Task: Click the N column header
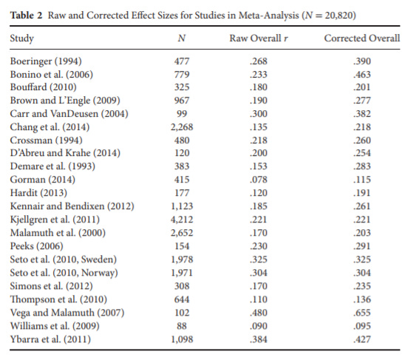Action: [x=182, y=38]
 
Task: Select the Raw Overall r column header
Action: [x=259, y=38]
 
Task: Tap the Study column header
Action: [x=22, y=38]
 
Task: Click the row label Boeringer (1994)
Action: [x=46, y=61]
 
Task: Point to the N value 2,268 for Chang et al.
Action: [x=182, y=127]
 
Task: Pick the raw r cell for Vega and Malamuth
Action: [x=259, y=313]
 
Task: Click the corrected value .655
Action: [x=362, y=313]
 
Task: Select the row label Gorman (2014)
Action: [x=43, y=180]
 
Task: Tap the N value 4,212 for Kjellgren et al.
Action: [x=182, y=220]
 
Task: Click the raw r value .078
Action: [x=259, y=180]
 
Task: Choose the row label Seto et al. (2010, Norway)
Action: [x=64, y=273]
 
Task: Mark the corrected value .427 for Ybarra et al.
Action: [x=362, y=339]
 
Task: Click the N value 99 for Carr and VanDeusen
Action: [x=182, y=114]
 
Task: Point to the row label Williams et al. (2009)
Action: [x=55, y=326]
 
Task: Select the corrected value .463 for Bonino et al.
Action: [x=362, y=75]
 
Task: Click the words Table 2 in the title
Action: [x=26, y=16]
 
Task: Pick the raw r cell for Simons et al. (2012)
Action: [x=259, y=286]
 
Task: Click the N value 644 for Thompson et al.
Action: [x=182, y=299]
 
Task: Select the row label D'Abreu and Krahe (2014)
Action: [x=65, y=153]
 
